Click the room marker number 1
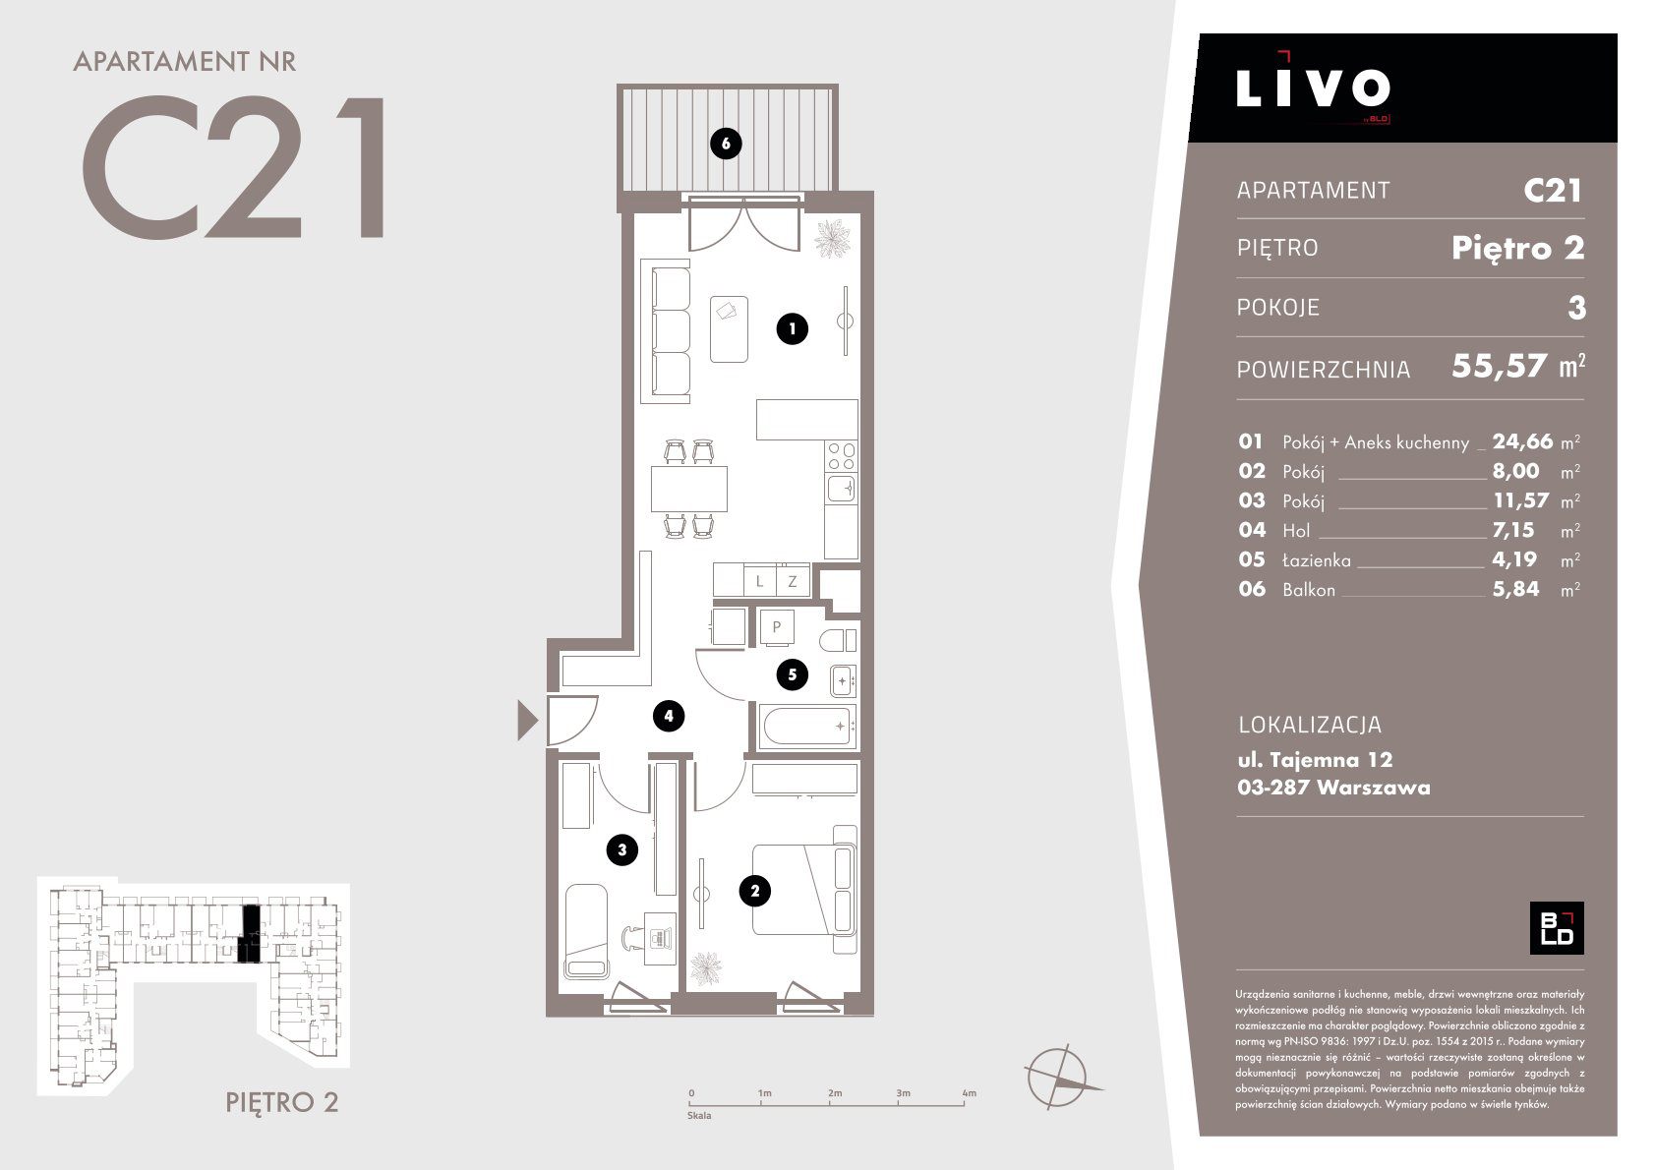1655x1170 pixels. [792, 328]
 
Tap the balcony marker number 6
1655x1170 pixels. [726, 144]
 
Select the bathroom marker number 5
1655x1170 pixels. [792, 674]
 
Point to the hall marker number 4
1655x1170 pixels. [669, 716]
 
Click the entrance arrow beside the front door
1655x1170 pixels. [527, 720]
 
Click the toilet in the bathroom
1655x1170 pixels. [838, 640]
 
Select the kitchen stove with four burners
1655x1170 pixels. [842, 456]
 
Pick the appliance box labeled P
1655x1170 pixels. [777, 627]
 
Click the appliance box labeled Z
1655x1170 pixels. [793, 581]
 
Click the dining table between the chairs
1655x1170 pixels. [688, 489]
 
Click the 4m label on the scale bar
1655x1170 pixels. [969, 1092]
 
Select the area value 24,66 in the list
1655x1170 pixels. [1522, 441]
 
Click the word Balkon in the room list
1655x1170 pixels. [1309, 590]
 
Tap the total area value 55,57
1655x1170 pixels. [1499, 366]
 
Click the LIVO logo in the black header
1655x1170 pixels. [1313, 88]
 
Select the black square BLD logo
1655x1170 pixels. [1556, 928]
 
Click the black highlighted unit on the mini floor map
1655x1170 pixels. [250, 933]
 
